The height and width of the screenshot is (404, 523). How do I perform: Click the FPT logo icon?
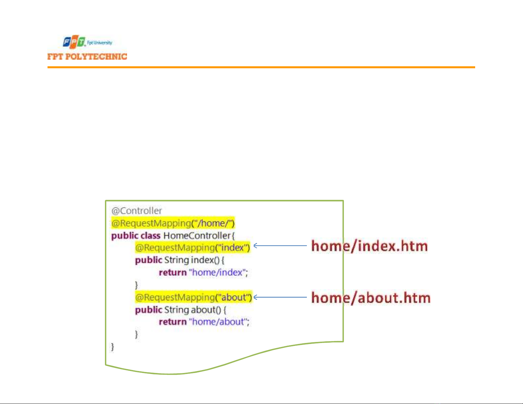74,42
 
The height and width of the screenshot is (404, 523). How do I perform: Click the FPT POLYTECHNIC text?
87,57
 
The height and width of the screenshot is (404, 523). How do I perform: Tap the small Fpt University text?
99,43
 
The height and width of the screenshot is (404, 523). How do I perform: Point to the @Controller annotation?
137,211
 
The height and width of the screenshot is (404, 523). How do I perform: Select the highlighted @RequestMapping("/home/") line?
173,223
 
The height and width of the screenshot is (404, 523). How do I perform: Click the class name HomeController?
197,236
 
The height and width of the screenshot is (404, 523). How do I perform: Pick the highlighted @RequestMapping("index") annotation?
193,248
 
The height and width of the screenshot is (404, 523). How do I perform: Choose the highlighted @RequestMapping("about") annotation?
193,297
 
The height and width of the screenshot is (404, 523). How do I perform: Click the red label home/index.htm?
370,246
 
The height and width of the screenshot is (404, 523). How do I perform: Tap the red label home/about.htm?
371,298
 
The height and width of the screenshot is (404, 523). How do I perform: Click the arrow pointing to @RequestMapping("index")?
280,245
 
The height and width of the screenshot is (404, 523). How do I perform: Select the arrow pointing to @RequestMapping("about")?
280,297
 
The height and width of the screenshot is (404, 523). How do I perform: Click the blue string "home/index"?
217,272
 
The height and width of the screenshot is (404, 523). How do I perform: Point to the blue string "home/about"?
218,322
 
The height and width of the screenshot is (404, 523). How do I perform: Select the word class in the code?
150,236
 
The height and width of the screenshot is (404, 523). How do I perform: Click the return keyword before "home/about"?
173,322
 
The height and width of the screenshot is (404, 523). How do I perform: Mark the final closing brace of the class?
113,347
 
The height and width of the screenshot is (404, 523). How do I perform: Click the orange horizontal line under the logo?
261,67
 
